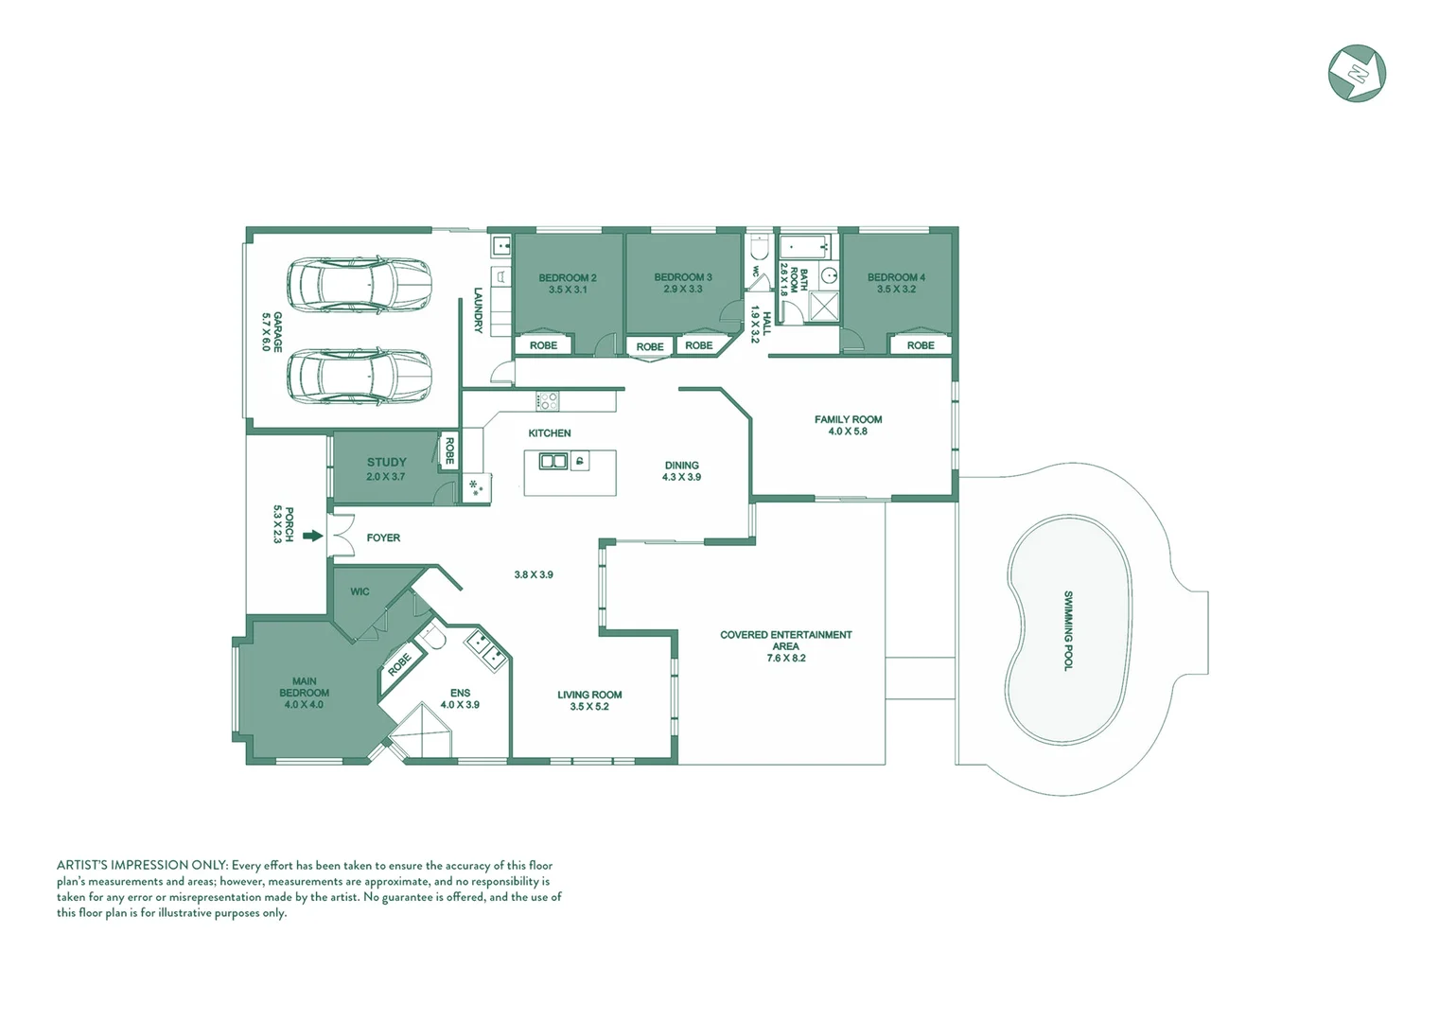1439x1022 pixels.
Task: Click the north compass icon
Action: coord(1357,74)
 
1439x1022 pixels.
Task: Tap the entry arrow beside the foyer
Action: coord(312,537)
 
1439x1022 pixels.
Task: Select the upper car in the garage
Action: coord(360,284)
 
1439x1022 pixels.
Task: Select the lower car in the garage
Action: coord(360,377)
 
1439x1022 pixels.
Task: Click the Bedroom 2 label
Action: coord(568,278)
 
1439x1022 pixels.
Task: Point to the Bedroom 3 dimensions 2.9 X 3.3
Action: coord(683,290)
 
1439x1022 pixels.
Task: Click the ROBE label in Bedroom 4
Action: coord(921,345)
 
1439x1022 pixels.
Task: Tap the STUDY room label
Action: coord(387,463)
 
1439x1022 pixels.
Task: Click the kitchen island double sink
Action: coord(553,462)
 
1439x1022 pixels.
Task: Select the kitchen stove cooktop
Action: coord(548,400)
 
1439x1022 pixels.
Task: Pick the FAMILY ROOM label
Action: coord(848,419)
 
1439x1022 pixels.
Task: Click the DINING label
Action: coord(681,466)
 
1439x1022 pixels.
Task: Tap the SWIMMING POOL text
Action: coord(1068,631)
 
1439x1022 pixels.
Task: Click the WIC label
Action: coord(360,591)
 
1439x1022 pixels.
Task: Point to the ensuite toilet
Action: coord(434,639)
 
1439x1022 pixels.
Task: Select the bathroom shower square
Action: coord(824,307)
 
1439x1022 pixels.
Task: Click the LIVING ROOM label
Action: coord(589,695)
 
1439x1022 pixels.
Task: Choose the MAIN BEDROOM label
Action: coord(304,687)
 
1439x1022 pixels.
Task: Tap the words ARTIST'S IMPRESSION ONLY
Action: coord(142,865)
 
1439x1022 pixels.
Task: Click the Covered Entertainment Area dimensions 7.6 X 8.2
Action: coord(786,659)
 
